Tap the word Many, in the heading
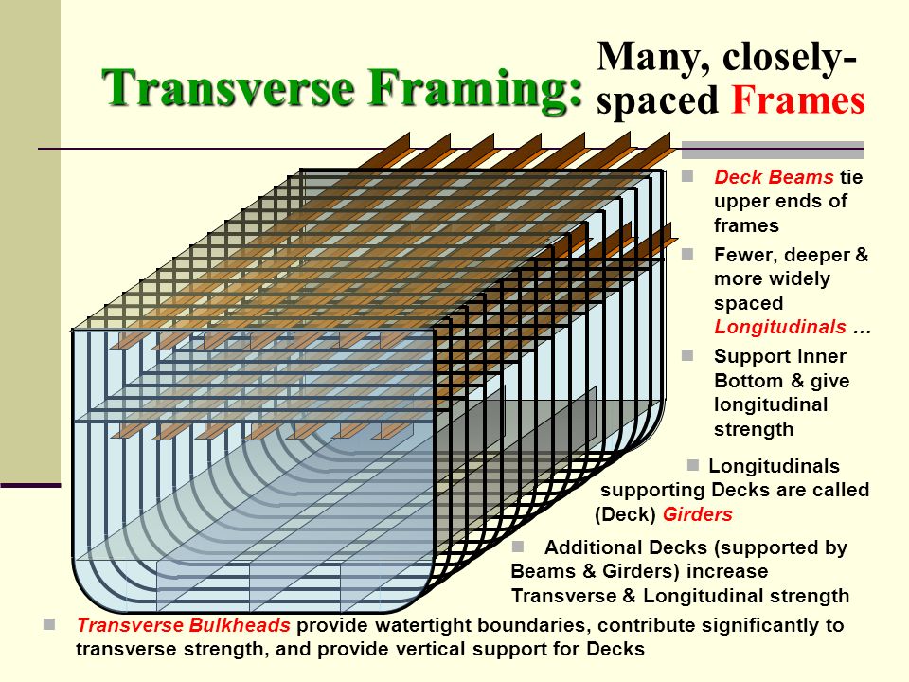[x=654, y=58]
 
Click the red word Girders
[x=698, y=515]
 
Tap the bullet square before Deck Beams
[x=688, y=176]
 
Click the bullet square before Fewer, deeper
[x=688, y=254]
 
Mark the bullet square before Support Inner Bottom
[x=688, y=355]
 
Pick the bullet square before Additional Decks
[x=518, y=547]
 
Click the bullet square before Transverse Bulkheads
[x=49, y=624]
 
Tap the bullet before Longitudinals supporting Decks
[x=692, y=464]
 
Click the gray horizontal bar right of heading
[x=772, y=149]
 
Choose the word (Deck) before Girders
[x=626, y=515]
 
